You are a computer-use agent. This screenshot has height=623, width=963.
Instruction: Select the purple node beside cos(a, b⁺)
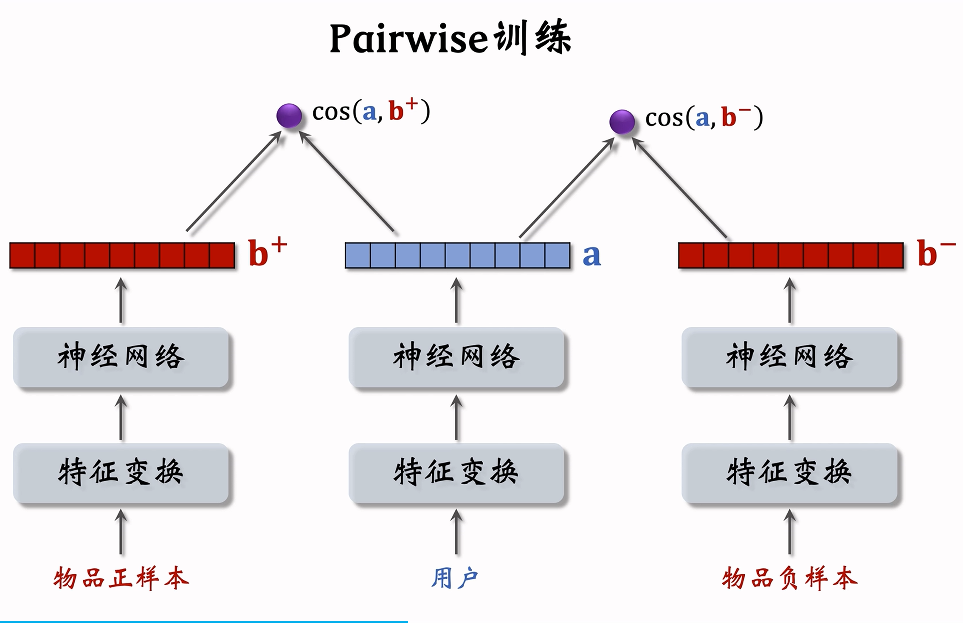coord(289,115)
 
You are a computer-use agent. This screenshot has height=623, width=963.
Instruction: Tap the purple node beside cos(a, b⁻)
coord(622,122)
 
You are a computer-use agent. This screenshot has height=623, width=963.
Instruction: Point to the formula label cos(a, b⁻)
coord(704,118)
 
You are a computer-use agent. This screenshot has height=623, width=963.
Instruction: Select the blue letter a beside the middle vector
coord(591,255)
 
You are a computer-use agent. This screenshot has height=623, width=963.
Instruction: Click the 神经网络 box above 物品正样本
coord(121,357)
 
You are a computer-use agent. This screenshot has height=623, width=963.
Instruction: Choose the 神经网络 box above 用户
coord(456,357)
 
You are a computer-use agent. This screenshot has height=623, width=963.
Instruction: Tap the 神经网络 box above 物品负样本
coord(789,357)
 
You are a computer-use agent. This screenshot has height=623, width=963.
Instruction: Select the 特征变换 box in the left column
coord(121,473)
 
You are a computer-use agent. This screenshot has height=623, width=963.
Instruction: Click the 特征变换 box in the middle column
coord(456,473)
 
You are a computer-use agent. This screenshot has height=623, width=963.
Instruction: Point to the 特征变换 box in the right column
coord(789,473)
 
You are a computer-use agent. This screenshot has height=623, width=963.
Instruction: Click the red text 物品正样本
coord(121,578)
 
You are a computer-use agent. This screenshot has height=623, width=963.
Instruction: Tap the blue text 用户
coord(455,578)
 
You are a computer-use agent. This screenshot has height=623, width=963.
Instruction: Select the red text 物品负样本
coord(789,578)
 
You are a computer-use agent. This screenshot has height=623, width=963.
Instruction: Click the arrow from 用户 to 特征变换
coord(456,533)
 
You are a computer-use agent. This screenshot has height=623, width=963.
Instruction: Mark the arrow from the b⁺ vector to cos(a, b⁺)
coord(234,182)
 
